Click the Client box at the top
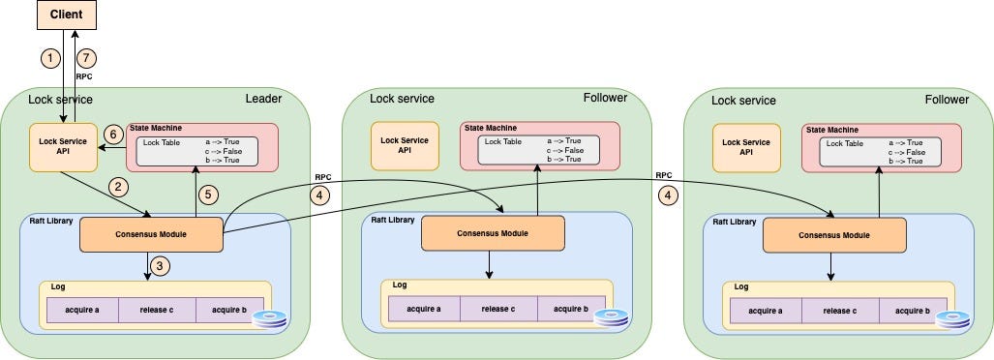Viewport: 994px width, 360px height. click(x=66, y=15)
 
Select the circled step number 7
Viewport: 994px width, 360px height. click(x=87, y=59)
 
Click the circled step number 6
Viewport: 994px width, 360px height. click(x=112, y=135)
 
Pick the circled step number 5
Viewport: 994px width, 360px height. click(x=206, y=195)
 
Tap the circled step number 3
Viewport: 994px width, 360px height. click(x=161, y=266)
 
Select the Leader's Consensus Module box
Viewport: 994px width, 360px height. click(x=150, y=233)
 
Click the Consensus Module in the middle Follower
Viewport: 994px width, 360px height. click(x=492, y=233)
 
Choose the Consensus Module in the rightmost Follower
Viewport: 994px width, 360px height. click(x=834, y=234)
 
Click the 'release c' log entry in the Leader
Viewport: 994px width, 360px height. click(x=157, y=310)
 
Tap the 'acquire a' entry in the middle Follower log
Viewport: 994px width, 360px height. click(x=424, y=309)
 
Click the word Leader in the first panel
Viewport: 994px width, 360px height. click(x=263, y=100)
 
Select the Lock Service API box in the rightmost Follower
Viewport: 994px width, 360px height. click(x=746, y=147)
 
